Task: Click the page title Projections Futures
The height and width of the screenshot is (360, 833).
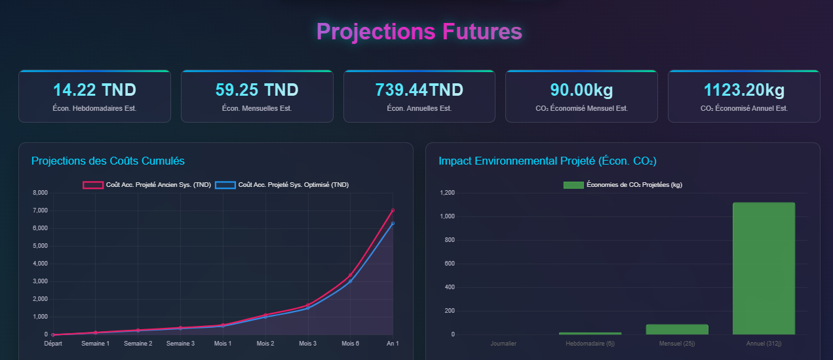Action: (x=419, y=31)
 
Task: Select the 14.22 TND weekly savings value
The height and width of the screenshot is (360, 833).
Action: (x=94, y=90)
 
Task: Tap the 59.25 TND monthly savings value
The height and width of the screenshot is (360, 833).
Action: (x=257, y=90)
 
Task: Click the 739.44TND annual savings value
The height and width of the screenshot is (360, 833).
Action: (x=419, y=90)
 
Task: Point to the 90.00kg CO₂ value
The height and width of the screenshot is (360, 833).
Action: (x=581, y=90)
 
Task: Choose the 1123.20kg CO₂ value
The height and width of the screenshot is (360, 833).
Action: (x=744, y=90)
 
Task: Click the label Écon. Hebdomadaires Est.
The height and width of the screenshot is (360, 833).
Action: (x=94, y=108)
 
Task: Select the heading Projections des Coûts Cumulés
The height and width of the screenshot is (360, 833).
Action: (x=108, y=161)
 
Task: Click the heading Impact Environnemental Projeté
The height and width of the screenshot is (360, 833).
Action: (x=547, y=161)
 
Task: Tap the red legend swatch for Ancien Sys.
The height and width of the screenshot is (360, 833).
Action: (x=93, y=185)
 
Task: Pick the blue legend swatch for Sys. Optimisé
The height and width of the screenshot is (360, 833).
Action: (x=225, y=185)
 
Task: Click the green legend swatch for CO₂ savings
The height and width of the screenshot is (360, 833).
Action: (x=573, y=185)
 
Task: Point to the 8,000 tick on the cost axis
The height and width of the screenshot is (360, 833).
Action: (x=40, y=193)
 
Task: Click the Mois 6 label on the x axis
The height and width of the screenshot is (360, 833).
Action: (x=351, y=344)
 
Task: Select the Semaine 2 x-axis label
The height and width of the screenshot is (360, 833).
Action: (x=138, y=344)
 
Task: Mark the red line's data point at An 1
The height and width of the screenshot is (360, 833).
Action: (x=393, y=210)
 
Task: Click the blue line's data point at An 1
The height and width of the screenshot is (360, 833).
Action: (x=393, y=223)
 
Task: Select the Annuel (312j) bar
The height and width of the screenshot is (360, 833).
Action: (x=764, y=269)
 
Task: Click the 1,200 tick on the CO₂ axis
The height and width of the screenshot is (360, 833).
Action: (x=448, y=193)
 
